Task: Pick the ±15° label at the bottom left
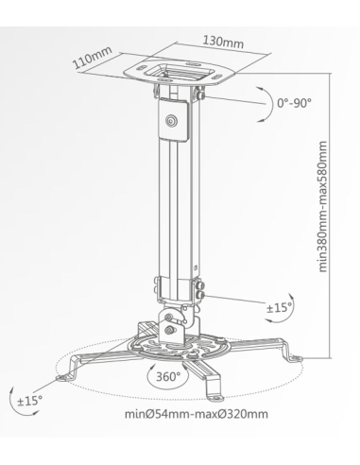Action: point(29,400)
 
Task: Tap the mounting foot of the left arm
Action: point(64,375)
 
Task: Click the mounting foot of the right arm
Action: point(295,357)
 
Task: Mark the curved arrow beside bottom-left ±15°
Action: point(13,398)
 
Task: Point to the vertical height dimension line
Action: point(328,217)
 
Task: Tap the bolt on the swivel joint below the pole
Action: point(170,329)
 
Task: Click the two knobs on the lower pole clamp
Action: point(199,287)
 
